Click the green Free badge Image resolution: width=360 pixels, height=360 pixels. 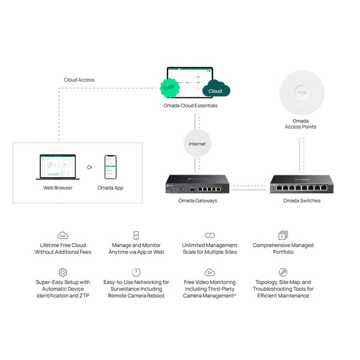coord(169,88)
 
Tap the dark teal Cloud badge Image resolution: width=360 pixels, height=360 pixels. coord(215,91)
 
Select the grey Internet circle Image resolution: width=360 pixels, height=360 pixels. coord(197,144)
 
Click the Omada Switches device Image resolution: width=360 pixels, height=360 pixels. coord(301,183)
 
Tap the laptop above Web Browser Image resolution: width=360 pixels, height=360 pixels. coord(58,167)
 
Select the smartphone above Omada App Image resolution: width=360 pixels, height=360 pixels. coord(110,167)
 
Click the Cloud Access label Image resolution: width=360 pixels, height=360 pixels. coord(79,80)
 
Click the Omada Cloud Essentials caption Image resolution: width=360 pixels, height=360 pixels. coord(190,106)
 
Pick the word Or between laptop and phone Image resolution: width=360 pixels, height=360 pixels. coord(90,167)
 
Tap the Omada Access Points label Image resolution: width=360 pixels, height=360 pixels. coord(300,124)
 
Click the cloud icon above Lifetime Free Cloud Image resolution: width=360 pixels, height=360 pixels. coord(63,235)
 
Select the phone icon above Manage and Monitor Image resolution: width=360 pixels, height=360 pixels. coord(137,235)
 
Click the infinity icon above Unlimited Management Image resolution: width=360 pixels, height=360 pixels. coord(209,235)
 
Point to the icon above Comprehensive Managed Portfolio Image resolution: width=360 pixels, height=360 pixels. coord(283,235)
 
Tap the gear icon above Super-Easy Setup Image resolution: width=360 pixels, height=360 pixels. coord(63,272)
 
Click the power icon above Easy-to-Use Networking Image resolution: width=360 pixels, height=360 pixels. coord(137,272)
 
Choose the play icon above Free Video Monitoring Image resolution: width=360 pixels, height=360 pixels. coord(209,272)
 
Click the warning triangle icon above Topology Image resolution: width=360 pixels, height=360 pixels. coord(283,272)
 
